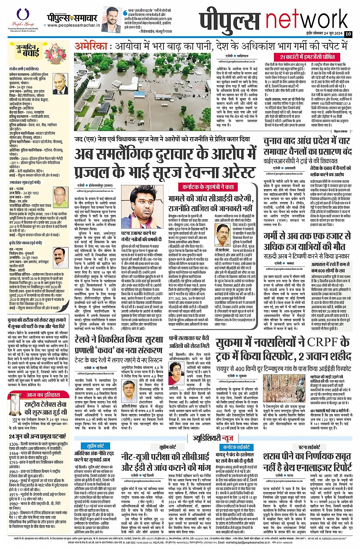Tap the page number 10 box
click(x=348, y=34)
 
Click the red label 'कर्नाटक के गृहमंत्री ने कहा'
click(x=208, y=187)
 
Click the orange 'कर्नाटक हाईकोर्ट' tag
click(x=237, y=447)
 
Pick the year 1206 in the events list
click(x=14, y=444)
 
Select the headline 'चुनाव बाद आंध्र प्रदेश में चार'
click(x=307, y=141)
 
